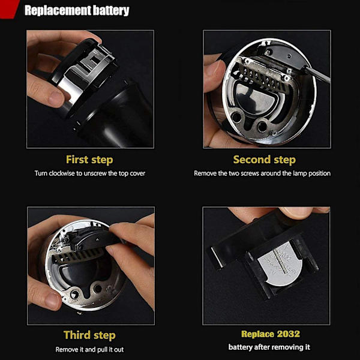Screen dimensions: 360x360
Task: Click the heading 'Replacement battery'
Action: tap(77, 11)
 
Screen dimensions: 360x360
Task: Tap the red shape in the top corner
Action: tap(8, 9)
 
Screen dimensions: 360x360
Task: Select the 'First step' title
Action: tap(89, 160)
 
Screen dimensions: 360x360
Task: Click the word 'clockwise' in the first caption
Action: tap(62, 173)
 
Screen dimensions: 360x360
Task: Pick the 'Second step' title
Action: tap(265, 160)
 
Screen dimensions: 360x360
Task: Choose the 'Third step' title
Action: tap(89, 335)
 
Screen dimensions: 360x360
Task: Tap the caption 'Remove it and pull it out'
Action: tap(89, 349)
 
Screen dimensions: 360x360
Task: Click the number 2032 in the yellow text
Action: tap(289, 334)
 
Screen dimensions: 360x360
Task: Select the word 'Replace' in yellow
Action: tap(257, 334)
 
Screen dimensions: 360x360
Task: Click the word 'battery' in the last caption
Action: tap(239, 347)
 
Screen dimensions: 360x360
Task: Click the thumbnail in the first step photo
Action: tap(56, 98)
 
